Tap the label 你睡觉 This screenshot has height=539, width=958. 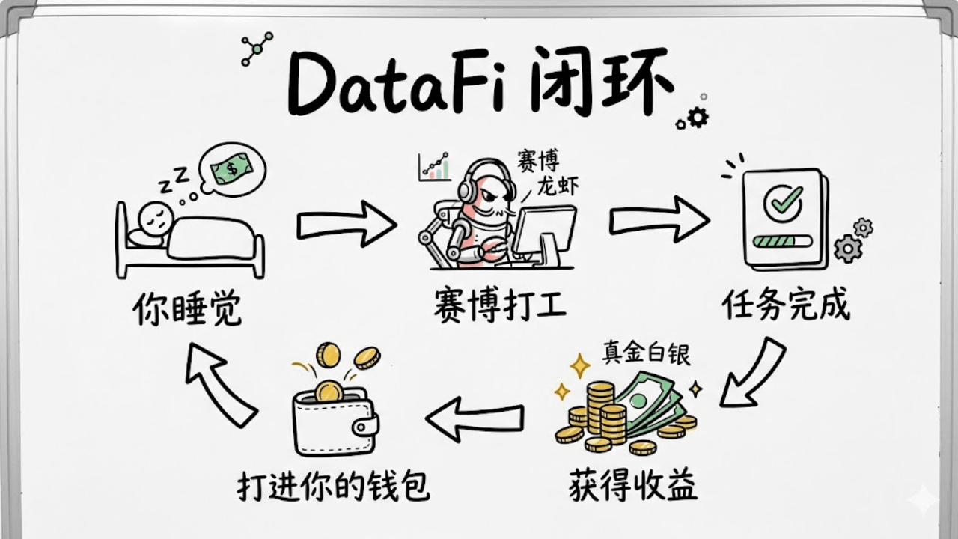[188, 308]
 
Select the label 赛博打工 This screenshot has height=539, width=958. [500, 307]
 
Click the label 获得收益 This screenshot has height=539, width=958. [632, 485]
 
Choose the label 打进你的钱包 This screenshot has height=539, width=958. [334, 486]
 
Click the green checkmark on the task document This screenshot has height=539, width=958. [782, 201]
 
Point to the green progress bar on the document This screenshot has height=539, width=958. [783, 241]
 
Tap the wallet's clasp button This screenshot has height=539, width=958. [365, 427]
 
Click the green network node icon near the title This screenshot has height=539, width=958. [257, 49]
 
